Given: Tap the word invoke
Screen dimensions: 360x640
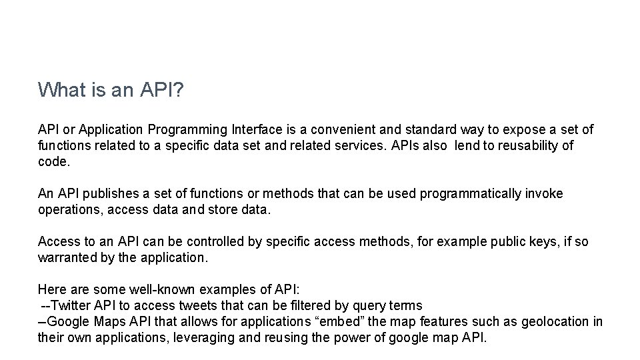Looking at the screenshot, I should pyautogui.click(x=545, y=193).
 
